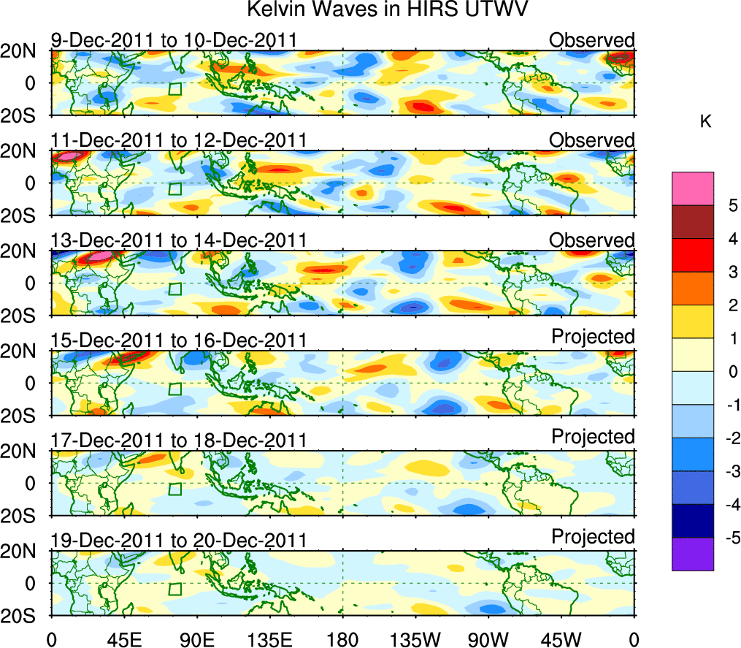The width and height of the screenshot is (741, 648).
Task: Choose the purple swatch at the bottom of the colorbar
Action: coord(692,554)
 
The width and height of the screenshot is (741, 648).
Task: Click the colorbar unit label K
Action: coord(705,122)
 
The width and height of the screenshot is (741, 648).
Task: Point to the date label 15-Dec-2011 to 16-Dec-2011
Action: coord(179,340)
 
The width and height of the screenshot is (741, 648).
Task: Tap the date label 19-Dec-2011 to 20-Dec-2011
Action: coord(179,541)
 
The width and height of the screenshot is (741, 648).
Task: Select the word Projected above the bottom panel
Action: coord(593,537)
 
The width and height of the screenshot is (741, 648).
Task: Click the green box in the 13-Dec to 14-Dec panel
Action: coord(174,289)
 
